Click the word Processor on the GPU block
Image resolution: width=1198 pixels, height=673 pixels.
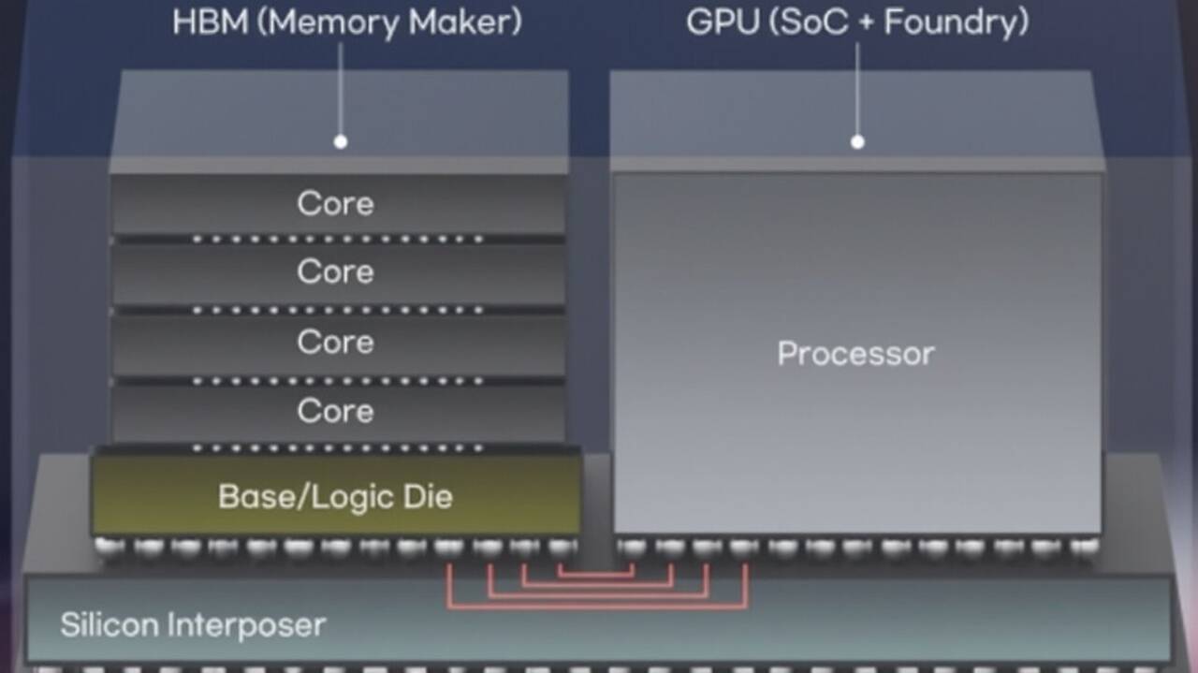click(x=855, y=354)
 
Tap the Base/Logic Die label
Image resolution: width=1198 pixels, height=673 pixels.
click(x=335, y=496)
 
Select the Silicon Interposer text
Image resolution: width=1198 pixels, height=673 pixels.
click(x=193, y=624)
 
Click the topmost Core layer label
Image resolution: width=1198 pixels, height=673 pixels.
click(x=335, y=203)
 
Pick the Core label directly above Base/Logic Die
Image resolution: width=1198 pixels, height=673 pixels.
click(x=335, y=410)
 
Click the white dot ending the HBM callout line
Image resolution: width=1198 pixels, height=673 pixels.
click(x=341, y=142)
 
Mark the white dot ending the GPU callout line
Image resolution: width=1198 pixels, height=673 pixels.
click(x=857, y=142)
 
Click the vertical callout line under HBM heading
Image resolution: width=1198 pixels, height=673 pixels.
click(x=341, y=89)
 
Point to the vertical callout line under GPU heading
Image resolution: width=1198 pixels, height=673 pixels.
click(x=857, y=89)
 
